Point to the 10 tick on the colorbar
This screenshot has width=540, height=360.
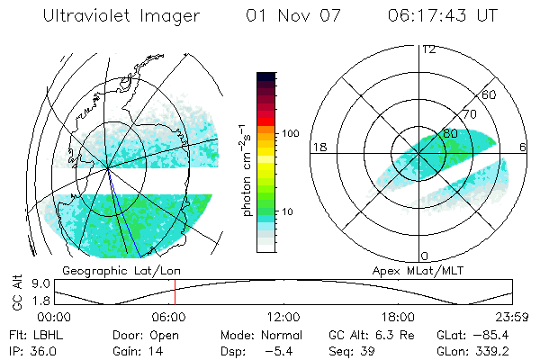288,211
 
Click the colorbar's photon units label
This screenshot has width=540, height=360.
245,171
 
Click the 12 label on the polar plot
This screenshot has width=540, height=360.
429,49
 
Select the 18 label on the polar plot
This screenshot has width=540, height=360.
319,147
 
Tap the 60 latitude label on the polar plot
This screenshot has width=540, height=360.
490,94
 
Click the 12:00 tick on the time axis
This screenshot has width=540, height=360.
283,317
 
